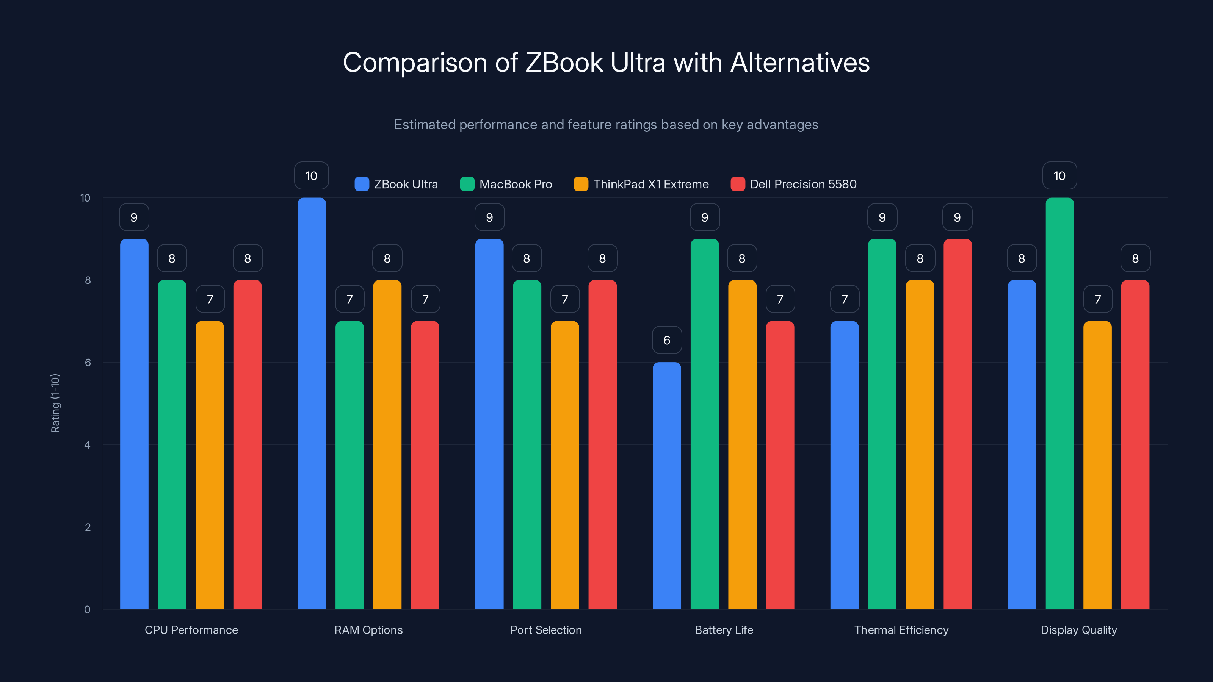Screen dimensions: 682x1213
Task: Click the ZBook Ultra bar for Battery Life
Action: (667, 485)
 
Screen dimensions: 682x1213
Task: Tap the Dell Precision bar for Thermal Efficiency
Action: (957, 424)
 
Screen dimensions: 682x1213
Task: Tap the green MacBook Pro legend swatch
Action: (467, 184)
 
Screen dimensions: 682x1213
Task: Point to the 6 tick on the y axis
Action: (88, 363)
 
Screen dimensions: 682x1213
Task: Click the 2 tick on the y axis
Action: (88, 527)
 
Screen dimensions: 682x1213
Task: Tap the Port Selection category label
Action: (546, 630)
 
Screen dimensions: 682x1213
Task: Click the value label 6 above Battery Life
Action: (667, 340)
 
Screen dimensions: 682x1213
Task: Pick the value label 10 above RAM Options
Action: (311, 175)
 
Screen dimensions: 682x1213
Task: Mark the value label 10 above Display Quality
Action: (1059, 175)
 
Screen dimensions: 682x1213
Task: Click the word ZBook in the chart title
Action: (564, 63)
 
